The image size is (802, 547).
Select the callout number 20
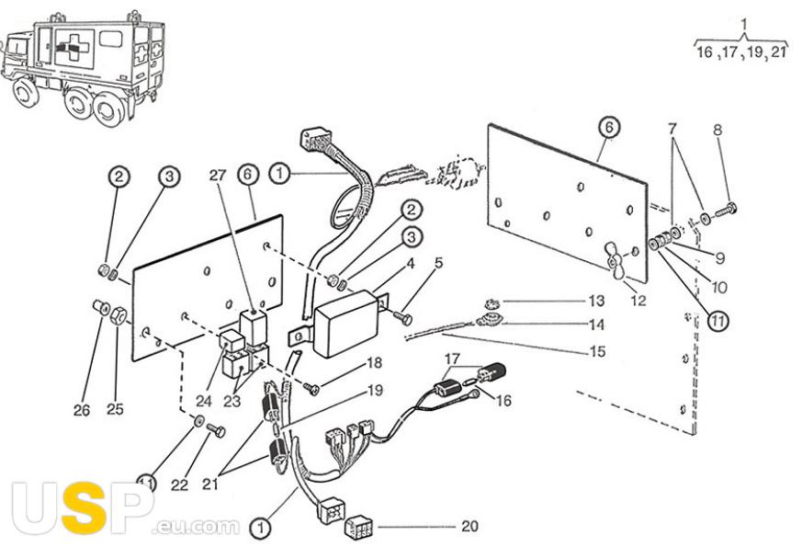(x=469, y=527)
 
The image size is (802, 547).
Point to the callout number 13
(x=598, y=302)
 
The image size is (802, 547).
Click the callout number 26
(x=83, y=410)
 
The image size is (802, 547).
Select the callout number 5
(x=438, y=263)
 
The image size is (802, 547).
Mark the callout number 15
(x=598, y=350)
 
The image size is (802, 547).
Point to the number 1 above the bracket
(x=743, y=22)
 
